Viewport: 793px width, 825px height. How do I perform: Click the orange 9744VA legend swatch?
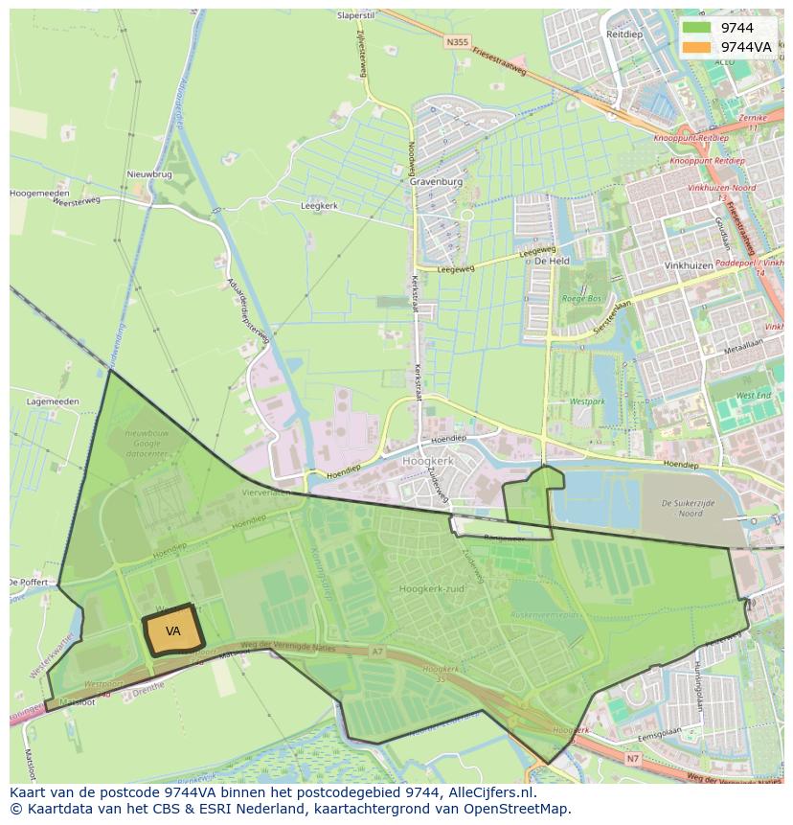697,47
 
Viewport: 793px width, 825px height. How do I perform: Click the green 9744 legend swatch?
697,28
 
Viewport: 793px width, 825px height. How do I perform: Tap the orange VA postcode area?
172,630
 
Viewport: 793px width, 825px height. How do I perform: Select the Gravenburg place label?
436,181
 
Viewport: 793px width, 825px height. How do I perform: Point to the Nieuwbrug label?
148,174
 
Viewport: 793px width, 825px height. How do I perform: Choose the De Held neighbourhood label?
552,261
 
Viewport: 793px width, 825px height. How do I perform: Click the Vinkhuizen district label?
689,265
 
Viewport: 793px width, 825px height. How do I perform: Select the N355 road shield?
457,42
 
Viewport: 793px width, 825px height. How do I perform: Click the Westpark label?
588,401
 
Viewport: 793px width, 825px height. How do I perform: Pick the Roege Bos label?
581,298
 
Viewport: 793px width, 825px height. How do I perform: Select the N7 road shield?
633,759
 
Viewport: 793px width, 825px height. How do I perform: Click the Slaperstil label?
355,15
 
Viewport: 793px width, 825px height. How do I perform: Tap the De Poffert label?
28,582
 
